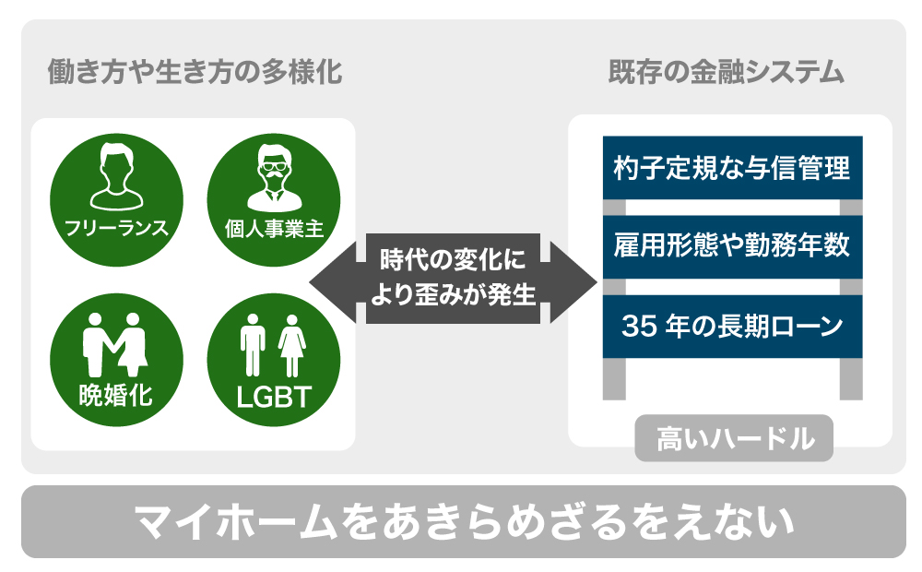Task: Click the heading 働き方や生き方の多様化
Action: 195,72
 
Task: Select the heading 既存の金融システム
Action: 727,72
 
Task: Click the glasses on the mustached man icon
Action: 273,169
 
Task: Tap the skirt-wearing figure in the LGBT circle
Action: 293,343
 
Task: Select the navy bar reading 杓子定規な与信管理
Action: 732,168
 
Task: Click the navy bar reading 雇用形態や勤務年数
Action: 732,247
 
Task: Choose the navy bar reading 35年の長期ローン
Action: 732,326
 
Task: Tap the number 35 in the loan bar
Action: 637,326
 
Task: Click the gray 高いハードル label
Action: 734,437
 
